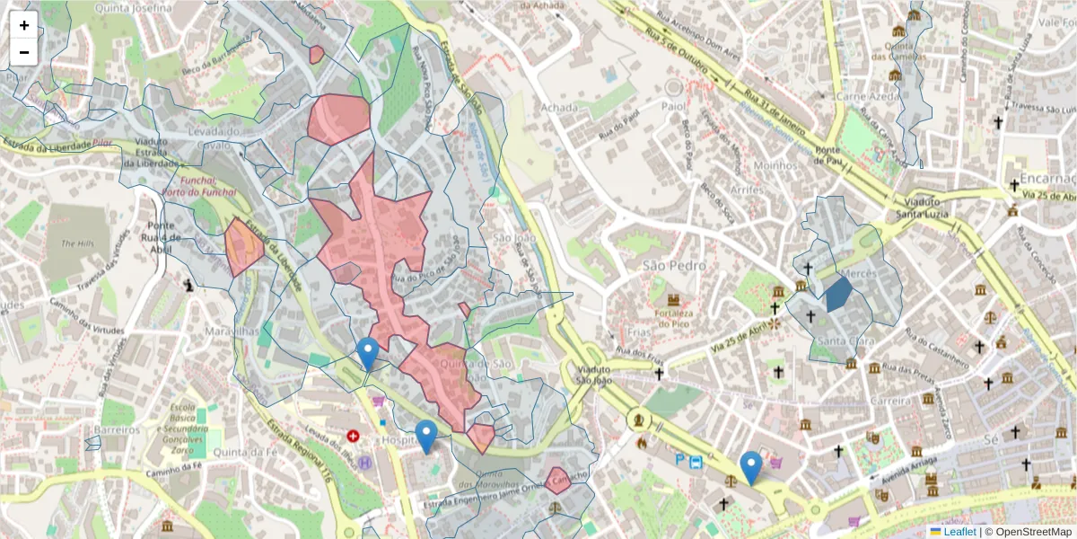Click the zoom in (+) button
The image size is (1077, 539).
24,25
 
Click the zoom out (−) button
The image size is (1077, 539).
24,52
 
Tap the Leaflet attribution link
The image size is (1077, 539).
959,532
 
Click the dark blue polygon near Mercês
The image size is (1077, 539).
838,294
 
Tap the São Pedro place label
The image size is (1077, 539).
674,266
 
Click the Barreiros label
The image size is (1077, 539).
117,430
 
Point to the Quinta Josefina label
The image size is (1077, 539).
138,8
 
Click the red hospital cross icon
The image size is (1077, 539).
354,436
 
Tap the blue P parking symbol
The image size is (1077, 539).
679,462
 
